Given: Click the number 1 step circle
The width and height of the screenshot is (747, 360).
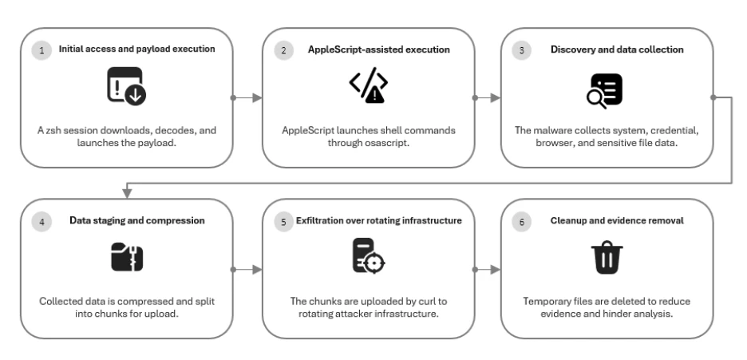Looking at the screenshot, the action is click(42, 50).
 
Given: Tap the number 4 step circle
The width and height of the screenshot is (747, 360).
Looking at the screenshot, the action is click(42, 222).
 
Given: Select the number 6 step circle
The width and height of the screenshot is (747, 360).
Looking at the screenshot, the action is click(522, 222).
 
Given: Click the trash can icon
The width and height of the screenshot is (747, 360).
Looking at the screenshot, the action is click(607, 258).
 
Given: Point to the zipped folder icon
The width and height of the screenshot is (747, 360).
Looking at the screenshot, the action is click(127, 257).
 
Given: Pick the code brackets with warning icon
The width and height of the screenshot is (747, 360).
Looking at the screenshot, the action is click(368, 85).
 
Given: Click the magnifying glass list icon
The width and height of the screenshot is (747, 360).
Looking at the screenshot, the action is click(604, 91).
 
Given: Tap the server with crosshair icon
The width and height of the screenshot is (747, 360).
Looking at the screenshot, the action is click(368, 256).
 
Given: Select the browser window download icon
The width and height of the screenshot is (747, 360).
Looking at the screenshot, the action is click(126, 86).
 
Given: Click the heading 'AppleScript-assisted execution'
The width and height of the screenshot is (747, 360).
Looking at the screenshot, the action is click(379, 49).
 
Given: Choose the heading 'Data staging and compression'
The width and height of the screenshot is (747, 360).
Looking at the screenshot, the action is click(137, 220).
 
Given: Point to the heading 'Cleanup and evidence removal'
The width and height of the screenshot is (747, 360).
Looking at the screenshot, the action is click(617, 220).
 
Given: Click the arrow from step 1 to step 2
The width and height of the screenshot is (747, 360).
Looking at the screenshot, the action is click(247, 97).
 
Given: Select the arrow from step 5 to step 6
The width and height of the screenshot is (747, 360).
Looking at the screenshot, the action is click(488, 270).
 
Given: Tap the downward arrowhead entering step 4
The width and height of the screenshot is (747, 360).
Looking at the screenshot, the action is click(127, 193).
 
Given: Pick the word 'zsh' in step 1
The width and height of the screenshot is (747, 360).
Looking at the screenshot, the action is click(53, 130).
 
